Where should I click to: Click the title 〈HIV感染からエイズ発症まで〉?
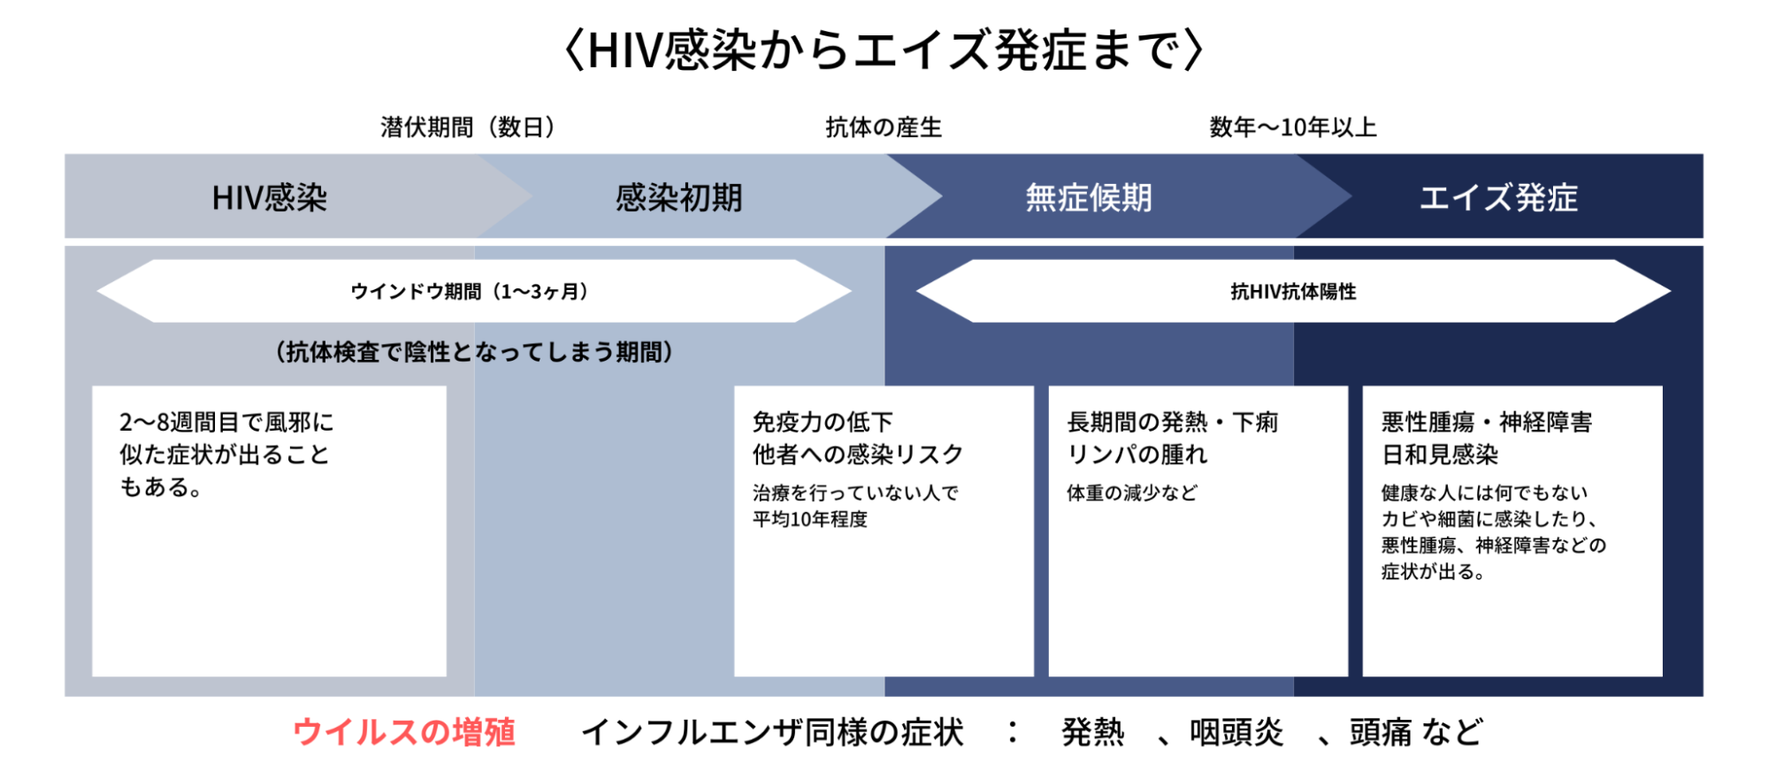(x=884, y=50)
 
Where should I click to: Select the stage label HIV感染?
(x=270, y=198)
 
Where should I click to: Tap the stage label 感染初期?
(x=679, y=198)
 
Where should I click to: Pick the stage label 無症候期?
(x=1089, y=198)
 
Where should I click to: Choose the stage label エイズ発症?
(x=1498, y=198)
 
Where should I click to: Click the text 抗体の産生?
(x=884, y=127)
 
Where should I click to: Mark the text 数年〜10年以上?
(x=1293, y=127)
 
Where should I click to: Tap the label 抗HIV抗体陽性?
(x=1293, y=292)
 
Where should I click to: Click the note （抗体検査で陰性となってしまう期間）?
(x=475, y=352)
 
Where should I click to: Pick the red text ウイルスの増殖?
(x=404, y=732)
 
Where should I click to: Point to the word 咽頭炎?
(x=1236, y=732)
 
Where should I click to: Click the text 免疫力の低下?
(x=823, y=423)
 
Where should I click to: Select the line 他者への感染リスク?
(x=858, y=455)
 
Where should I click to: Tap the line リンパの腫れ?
(x=1137, y=455)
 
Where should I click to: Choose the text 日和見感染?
(x=1440, y=455)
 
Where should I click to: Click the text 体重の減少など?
(x=1132, y=493)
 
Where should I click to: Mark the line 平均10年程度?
(x=810, y=519)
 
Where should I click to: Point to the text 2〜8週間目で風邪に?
(x=226, y=423)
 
